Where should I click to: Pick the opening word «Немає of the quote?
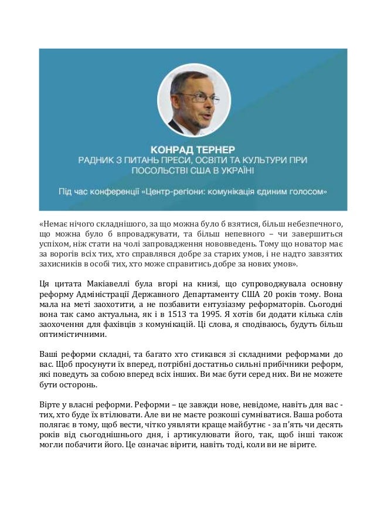coord(53,224)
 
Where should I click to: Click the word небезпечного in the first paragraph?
coord(315,224)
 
